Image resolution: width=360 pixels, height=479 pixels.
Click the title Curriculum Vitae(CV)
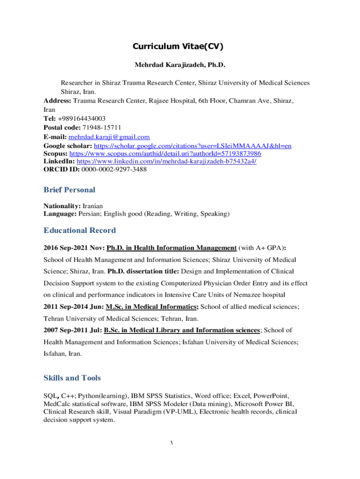click(178, 46)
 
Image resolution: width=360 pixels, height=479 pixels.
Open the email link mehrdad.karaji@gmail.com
click(109, 137)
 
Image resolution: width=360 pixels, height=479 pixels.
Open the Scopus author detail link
click(165, 153)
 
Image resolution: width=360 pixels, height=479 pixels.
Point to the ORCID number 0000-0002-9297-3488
click(114, 169)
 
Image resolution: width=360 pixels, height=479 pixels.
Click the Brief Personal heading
click(69, 190)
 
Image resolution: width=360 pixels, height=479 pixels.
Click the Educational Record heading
click(79, 230)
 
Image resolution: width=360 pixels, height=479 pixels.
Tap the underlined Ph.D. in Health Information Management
click(172, 247)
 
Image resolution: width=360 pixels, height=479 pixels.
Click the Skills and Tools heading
click(72, 378)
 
